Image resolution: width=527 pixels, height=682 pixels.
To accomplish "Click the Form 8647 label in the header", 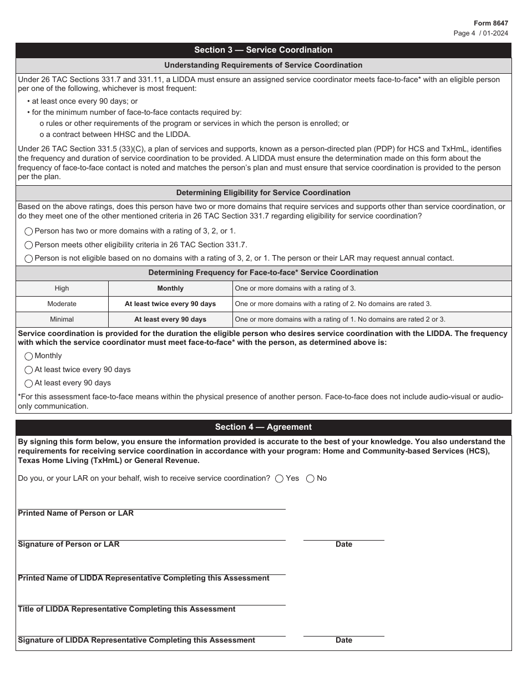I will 490,23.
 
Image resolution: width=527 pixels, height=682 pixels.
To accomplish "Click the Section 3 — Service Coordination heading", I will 263,50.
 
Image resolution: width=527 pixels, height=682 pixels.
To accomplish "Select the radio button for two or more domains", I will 29,231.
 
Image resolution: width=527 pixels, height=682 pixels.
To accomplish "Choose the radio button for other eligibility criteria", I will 29,245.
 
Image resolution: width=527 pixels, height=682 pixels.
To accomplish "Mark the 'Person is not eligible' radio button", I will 29,258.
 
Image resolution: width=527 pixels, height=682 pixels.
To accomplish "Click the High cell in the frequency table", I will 62,288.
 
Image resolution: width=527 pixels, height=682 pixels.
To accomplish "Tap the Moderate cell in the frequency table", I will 62,304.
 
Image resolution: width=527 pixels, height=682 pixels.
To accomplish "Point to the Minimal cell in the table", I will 62,319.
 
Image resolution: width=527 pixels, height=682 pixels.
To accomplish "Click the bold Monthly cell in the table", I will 170,288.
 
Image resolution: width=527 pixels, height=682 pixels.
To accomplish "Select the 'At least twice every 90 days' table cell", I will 170,304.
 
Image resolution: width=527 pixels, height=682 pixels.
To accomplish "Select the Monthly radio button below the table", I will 29,357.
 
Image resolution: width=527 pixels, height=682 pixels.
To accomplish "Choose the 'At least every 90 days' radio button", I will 29,383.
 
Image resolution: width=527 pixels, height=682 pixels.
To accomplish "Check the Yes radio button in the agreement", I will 280,479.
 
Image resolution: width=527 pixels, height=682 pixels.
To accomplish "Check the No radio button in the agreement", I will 310,479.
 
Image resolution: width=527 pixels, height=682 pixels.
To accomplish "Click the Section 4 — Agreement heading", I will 263,427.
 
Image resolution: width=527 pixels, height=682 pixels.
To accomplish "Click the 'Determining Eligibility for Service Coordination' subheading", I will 263,193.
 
